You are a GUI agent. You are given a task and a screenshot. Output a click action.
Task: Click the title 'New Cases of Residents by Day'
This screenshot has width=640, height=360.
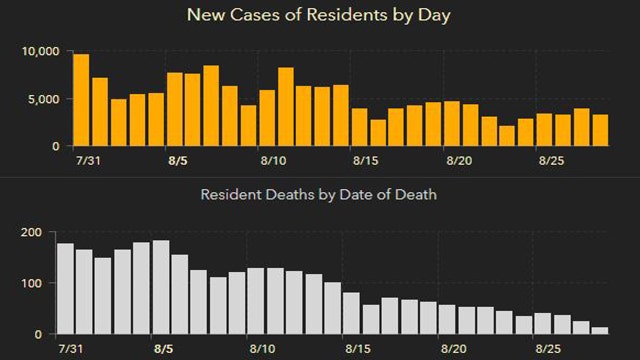coord(320,16)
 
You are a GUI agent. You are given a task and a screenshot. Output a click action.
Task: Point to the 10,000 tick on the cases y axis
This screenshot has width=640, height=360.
coord(41,51)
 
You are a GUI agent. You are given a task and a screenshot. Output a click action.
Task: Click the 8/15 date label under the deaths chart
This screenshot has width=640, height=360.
coord(359,351)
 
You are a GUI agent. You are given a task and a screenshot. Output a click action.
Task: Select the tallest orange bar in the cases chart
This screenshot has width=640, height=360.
coord(81,100)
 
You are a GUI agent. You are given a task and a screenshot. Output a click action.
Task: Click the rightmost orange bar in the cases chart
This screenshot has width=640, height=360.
coord(600,130)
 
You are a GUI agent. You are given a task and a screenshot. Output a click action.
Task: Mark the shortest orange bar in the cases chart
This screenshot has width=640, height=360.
coord(507,135)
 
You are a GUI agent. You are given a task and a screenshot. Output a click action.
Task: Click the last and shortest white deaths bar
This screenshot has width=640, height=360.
coord(600,330)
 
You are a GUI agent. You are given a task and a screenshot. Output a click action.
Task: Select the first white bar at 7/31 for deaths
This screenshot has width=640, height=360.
coord(66,289)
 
